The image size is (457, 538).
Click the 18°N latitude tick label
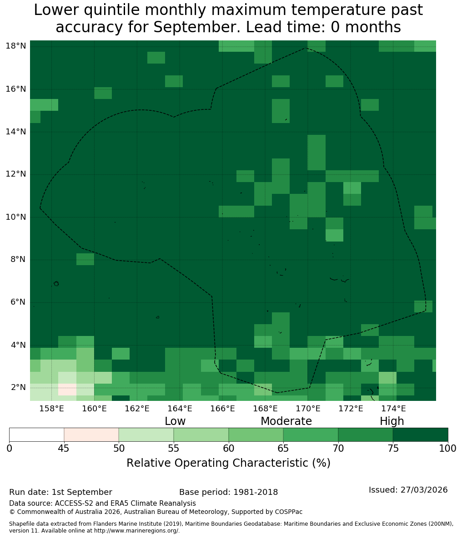[x=16, y=46]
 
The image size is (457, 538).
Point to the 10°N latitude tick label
[x=16, y=217]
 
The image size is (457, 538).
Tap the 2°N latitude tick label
[x=18, y=387]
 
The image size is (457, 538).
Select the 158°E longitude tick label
[x=52, y=409]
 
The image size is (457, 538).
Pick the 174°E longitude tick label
[x=393, y=409]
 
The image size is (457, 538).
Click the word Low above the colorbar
[x=175, y=421]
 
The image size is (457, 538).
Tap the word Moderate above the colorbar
[x=286, y=421]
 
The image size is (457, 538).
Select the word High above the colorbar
[x=392, y=421]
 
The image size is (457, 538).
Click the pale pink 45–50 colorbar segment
[x=91, y=435]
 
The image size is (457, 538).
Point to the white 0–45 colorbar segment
[x=37, y=435]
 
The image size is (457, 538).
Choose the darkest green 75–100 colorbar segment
[x=420, y=435]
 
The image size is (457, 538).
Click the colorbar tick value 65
[x=283, y=449]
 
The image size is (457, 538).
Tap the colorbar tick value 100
[x=448, y=449]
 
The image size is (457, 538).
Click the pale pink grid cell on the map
[x=67, y=390]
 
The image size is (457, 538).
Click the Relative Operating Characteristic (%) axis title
[x=228, y=463]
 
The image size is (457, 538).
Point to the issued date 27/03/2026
[x=424, y=489]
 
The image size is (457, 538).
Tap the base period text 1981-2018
[x=256, y=492]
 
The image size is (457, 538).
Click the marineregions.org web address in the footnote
[x=136, y=531]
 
